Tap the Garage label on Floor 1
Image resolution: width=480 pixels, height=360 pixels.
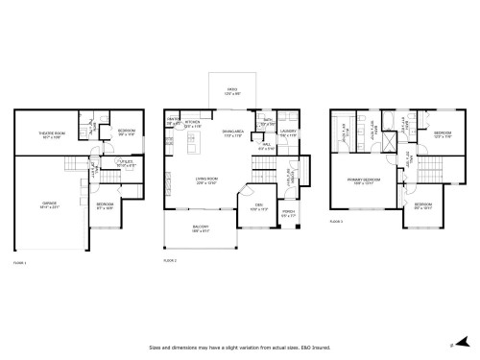[x=48, y=204]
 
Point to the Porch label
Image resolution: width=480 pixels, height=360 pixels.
[x=288, y=213]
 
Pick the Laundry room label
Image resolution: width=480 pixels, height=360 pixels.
[x=288, y=133]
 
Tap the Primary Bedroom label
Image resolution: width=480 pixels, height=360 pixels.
[x=363, y=180]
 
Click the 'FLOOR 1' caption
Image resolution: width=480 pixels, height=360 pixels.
[x=20, y=261]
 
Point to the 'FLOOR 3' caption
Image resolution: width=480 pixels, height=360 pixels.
[x=335, y=221]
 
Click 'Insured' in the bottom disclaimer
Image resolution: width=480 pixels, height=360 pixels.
[x=322, y=348]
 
